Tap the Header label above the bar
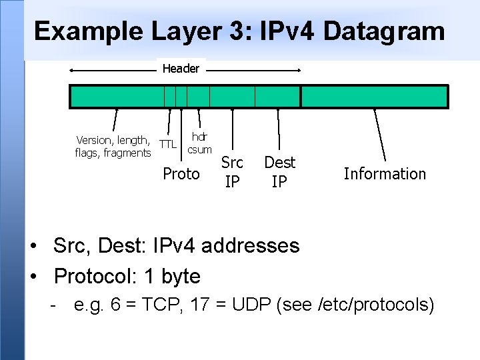click(x=181, y=69)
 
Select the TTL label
click(x=168, y=144)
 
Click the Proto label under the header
click(x=181, y=174)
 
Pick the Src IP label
click(x=232, y=171)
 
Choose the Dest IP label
click(x=279, y=171)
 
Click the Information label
click(x=385, y=174)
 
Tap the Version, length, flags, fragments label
click(x=113, y=147)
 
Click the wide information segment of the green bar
click(x=374, y=97)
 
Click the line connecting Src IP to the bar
click(x=232, y=127)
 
